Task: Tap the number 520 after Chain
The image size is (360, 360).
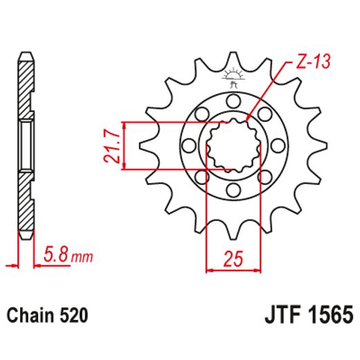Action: pos(73,317)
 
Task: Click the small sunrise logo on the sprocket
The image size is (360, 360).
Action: pos(233,75)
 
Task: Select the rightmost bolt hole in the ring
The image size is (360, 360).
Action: pos(278,146)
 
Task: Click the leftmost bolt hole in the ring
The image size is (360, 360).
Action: pos(188,146)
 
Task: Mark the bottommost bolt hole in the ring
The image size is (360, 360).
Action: pos(233,191)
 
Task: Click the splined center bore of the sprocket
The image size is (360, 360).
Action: pos(233,144)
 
